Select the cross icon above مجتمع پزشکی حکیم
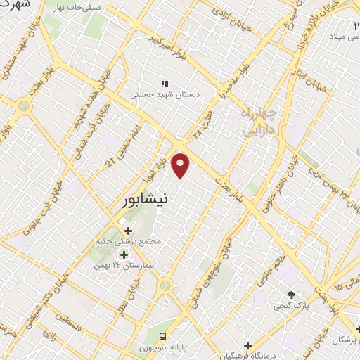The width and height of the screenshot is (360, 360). click(127, 230)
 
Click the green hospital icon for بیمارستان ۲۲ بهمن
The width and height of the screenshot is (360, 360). click(124, 255)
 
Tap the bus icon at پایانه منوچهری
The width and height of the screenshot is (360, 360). click(163, 337)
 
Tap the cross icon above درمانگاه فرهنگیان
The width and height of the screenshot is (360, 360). click(247, 345)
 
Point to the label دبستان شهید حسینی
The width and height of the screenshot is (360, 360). click(163, 94)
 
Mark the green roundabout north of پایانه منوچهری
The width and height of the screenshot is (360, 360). click(165, 285)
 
